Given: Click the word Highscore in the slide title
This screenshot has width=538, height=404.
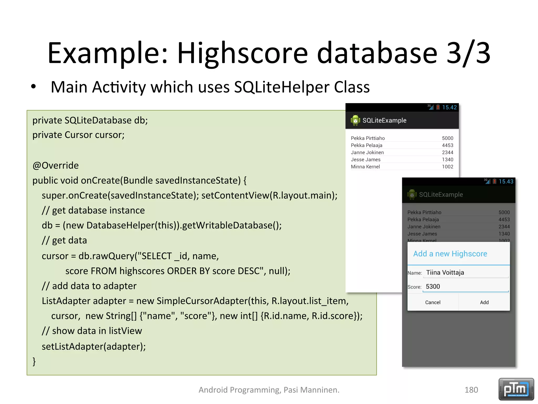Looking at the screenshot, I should click(242, 53).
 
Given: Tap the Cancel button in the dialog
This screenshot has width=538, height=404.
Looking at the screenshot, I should click(433, 302).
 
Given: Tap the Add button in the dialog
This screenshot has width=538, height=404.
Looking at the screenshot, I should click(484, 302).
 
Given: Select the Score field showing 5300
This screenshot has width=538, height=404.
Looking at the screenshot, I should click(465, 286).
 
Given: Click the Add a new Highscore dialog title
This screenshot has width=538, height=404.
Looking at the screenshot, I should click(450, 254).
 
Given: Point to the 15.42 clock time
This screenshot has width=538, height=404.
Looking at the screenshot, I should click(449, 107).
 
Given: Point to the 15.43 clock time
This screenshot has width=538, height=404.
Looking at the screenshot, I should click(506, 181).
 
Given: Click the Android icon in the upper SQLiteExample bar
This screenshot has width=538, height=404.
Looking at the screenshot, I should click(355, 120).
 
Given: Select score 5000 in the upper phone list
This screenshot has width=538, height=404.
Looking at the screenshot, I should click(447, 138).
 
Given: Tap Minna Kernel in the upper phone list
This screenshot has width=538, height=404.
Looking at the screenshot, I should click(365, 166).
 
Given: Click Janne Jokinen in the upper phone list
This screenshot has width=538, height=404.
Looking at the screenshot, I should click(367, 152).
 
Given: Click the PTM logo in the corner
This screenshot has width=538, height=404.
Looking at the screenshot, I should click(516, 389).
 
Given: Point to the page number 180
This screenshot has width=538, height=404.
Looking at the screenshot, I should click(471, 390).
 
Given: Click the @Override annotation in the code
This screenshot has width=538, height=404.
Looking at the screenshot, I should click(55, 165).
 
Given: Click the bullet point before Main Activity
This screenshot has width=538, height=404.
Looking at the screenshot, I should click(33, 87).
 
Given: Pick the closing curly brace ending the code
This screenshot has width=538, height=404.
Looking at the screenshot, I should click(34, 361).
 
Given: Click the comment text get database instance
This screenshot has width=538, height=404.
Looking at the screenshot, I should click(98, 210).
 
